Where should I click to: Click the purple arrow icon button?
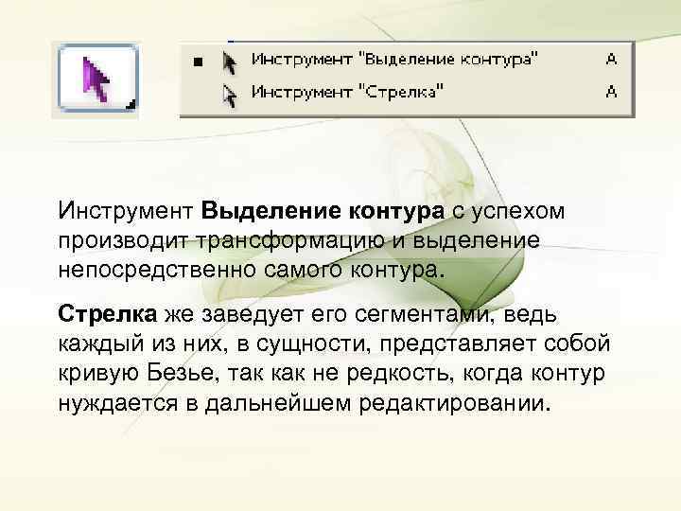point(98,79)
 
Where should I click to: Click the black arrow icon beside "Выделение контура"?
point(228,62)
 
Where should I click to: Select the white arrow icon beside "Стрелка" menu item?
point(228,93)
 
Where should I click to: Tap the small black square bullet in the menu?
point(198,62)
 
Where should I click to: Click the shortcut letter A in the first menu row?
point(611,60)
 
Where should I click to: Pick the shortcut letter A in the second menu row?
point(611,92)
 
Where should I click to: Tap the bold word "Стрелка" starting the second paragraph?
point(108,313)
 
